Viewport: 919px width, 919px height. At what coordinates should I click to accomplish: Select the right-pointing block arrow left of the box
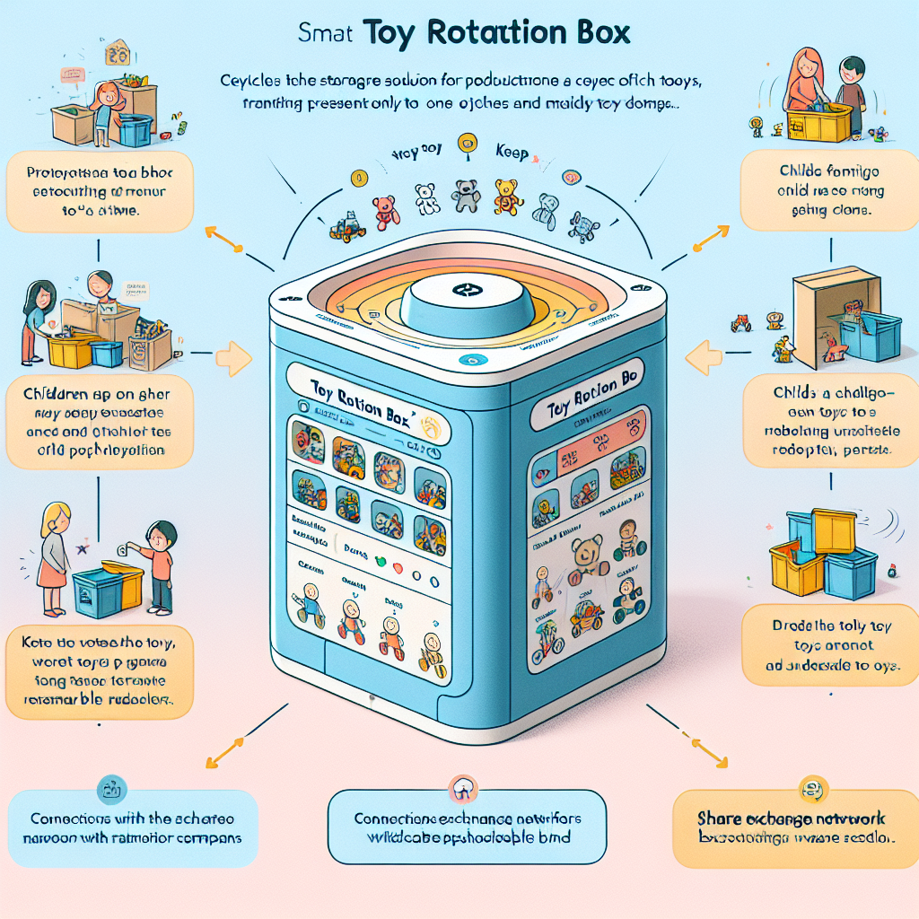tap(236, 357)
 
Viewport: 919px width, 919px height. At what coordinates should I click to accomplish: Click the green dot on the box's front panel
tap(379, 562)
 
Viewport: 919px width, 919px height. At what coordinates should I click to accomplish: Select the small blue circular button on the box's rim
tap(465, 360)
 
